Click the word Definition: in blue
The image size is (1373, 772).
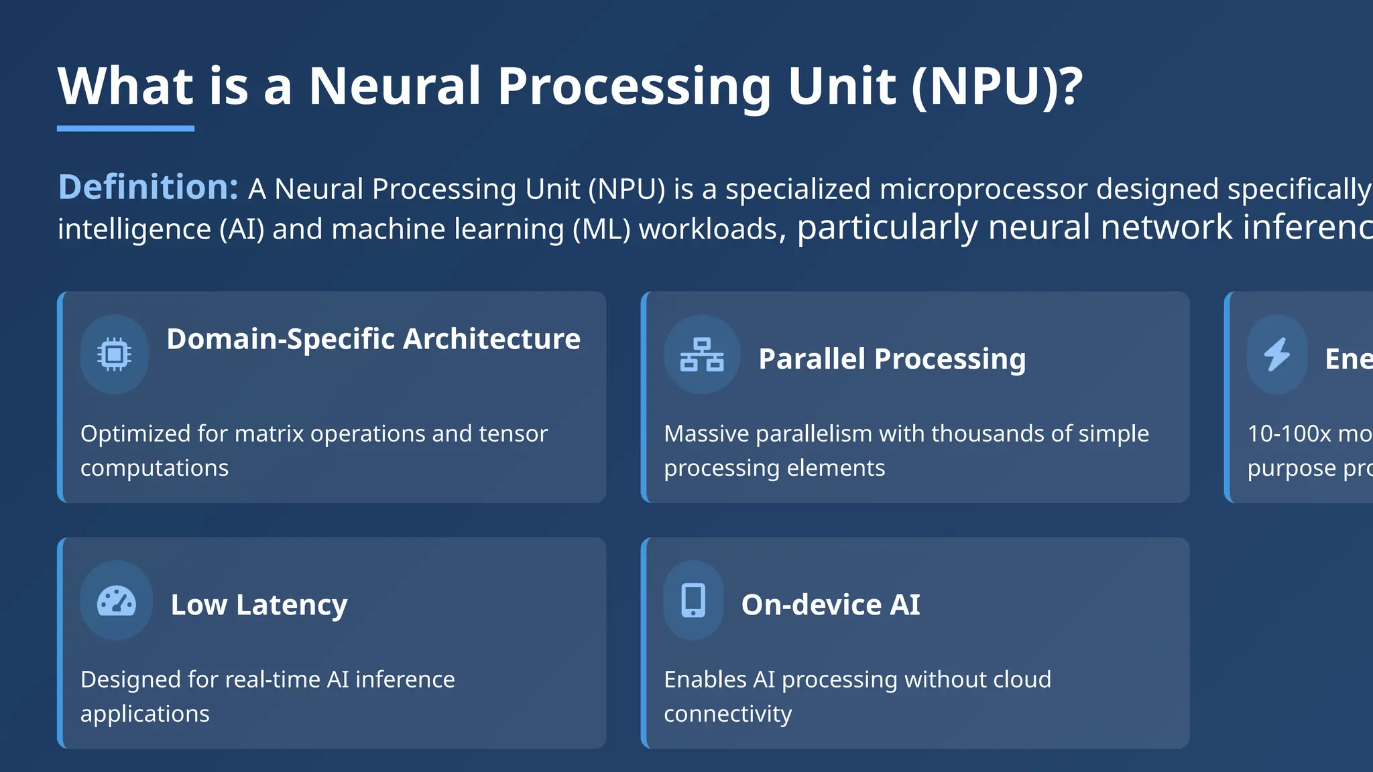pyautogui.click(x=148, y=187)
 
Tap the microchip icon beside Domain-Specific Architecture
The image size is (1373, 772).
pyautogui.click(x=114, y=354)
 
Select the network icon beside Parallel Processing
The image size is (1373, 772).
pyautogui.click(x=702, y=355)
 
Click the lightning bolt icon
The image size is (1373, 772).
pyautogui.click(x=1277, y=354)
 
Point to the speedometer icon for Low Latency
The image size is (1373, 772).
pyautogui.click(x=117, y=600)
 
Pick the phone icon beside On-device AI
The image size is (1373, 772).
pyautogui.click(x=693, y=600)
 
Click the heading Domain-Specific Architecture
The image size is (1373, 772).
pyautogui.click(x=373, y=339)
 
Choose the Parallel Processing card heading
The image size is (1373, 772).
pyautogui.click(x=892, y=359)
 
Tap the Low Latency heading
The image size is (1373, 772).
pyautogui.click(x=259, y=605)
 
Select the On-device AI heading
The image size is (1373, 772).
pyautogui.click(x=831, y=605)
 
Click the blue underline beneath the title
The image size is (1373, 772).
pyautogui.click(x=125, y=128)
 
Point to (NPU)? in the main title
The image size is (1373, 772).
pyautogui.click(x=997, y=86)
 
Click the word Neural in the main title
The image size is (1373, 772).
pyautogui.click(x=394, y=86)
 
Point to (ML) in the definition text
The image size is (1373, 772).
pyautogui.click(x=601, y=229)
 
